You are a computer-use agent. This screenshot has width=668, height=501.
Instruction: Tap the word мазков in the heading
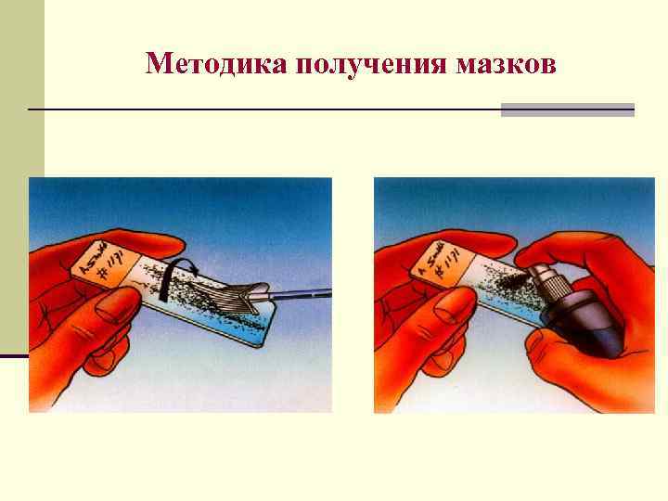tap(507, 64)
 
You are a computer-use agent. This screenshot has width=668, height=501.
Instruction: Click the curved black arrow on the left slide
tap(172, 277)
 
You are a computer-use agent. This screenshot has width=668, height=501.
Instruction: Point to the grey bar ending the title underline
tap(567, 109)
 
